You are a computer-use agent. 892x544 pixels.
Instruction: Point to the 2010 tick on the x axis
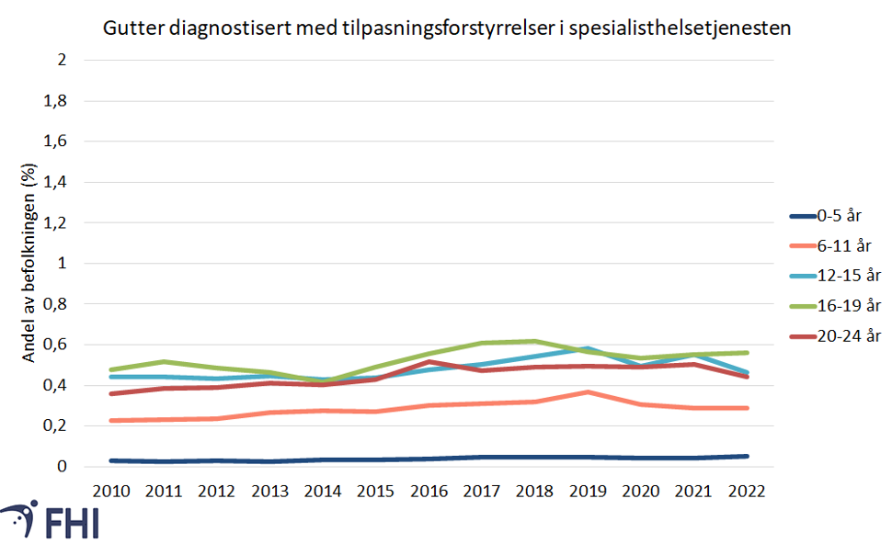click(109, 492)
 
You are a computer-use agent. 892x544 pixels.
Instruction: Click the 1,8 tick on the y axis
click(57, 101)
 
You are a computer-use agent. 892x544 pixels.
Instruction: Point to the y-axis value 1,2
click(57, 222)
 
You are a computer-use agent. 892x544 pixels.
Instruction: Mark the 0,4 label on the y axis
click(57, 385)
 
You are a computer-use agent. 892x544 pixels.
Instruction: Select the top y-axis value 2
click(63, 61)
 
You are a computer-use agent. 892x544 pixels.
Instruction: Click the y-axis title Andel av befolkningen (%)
click(29, 264)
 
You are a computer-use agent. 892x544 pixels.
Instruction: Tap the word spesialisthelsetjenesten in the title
click(680, 28)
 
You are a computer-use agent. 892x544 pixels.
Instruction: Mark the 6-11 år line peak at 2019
click(587, 392)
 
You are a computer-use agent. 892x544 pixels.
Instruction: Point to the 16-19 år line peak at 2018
click(534, 341)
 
